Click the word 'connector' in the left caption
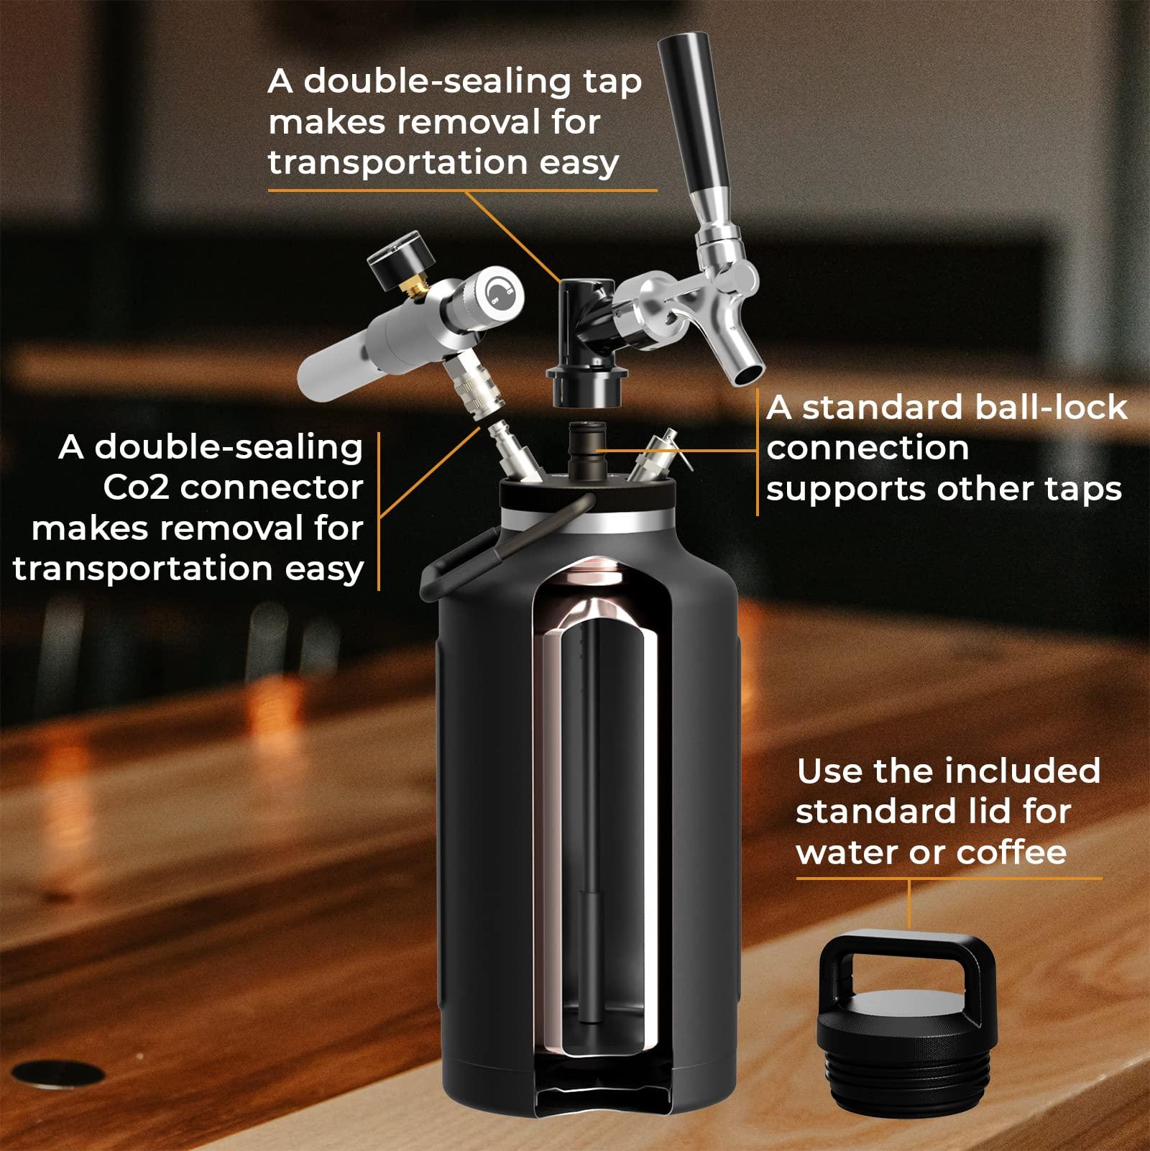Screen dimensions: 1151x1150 (x=272, y=488)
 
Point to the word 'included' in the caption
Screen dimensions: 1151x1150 (x=1022, y=772)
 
